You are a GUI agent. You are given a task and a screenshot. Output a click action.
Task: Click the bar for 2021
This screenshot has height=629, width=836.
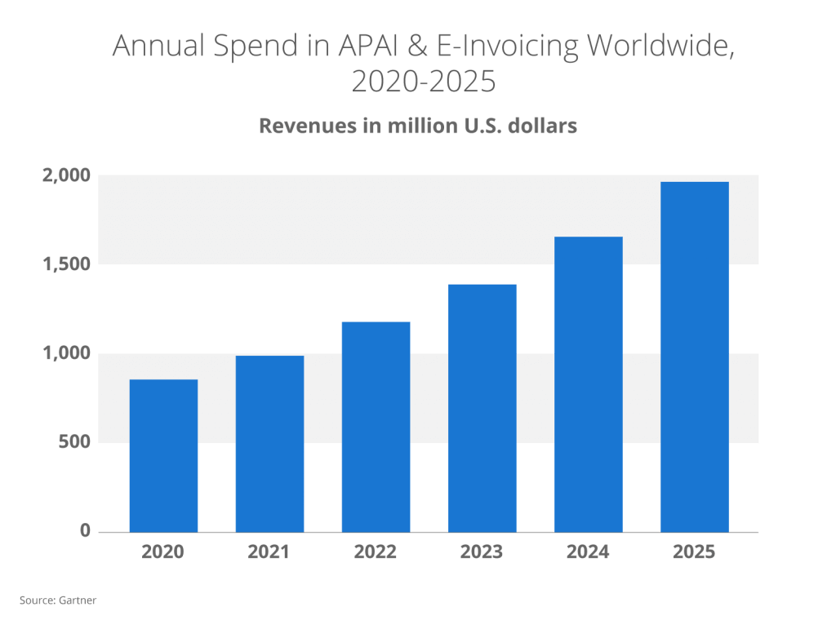(x=269, y=444)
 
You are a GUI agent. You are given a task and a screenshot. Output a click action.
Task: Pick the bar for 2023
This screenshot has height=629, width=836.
(x=482, y=408)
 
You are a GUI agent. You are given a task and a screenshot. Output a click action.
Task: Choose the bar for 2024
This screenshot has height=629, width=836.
(x=588, y=384)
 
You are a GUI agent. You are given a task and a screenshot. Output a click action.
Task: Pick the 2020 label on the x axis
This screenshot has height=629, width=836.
(x=163, y=552)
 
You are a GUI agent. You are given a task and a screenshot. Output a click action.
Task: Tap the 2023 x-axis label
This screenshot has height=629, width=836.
(x=482, y=552)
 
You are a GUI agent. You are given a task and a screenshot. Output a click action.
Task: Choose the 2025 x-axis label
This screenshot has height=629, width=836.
(x=694, y=552)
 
